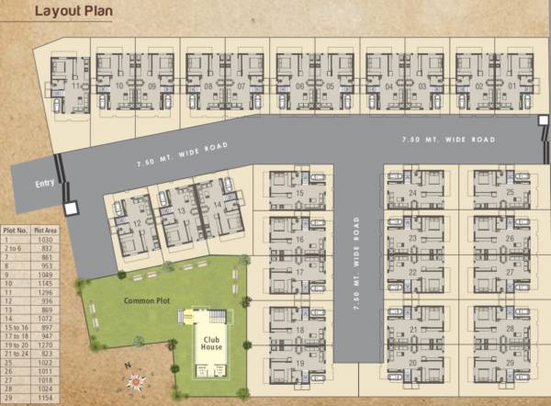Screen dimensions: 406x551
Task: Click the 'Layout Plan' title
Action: pos(74,12)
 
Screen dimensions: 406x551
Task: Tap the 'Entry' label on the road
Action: pos(45,184)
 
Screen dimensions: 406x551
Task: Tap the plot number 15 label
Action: pos(300,194)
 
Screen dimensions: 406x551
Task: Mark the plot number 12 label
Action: pos(136,223)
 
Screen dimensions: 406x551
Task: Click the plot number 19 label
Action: pos(300,365)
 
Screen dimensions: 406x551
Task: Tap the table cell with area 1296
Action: pos(46,292)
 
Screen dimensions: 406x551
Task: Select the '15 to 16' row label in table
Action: pos(14,327)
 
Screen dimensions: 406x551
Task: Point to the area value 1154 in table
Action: pos(46,400)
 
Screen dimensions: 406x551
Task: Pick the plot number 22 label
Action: pos(413,272)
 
